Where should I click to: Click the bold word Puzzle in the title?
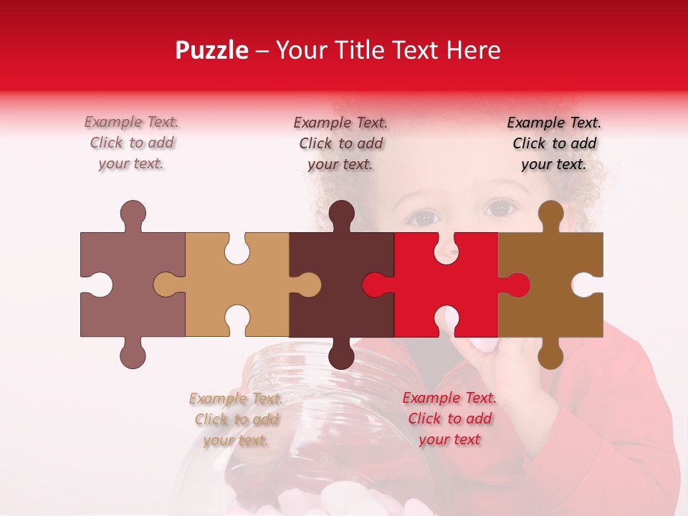pyautogui.click(x=211, y=50)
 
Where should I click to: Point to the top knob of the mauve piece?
pyautogui.click(x=133, y=214)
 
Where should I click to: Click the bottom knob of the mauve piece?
pyautogui.click(x=133, y=355)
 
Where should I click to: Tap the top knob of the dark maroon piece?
pyautogui.click(x=341, y=214)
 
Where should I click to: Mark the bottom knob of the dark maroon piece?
pyautogui.click(x=341, y=355)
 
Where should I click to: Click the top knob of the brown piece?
pyautogui.click(x=550, y=214)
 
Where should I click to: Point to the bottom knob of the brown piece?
pyautogui.click(x=550, y=355)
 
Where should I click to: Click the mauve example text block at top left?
pyautogui.click(x=132, y=143)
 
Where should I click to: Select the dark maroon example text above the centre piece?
pyautogui.click(x=341, y=143)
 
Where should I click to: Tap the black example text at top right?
pyautogui.click(x=554, y=143)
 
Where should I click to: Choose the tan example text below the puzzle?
pyautogui.click(x=236, y=419)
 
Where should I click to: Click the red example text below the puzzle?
pyautogui.click(x=449, y=419)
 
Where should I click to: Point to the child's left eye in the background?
pyautogui.click(x=500, y=210)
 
